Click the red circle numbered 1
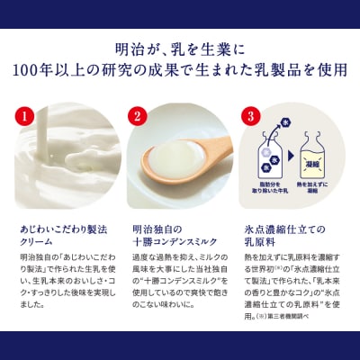click(26, 115)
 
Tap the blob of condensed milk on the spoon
click(177, 165)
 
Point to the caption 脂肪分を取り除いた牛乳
click(273, 198)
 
